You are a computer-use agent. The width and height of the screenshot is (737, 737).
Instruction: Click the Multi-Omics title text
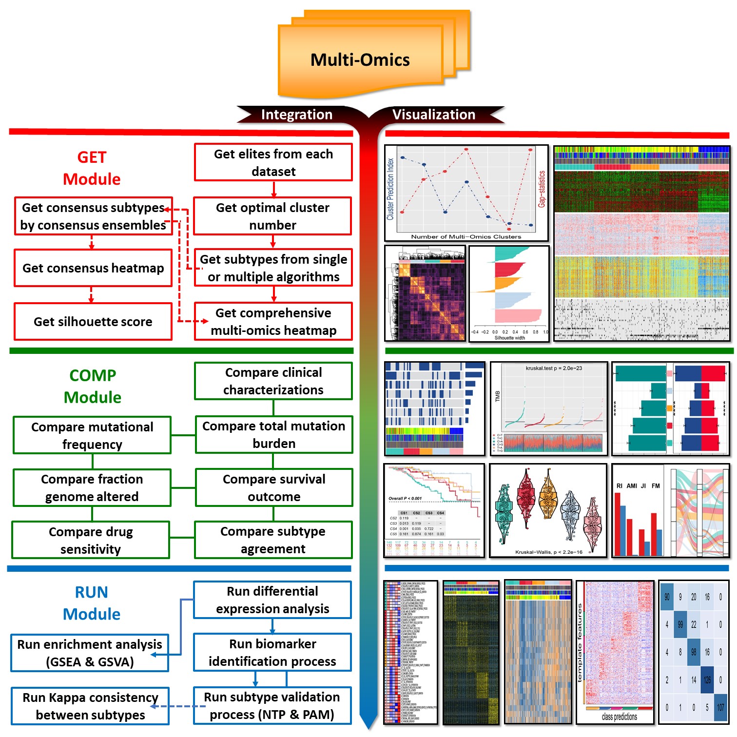click(x=360, y=60)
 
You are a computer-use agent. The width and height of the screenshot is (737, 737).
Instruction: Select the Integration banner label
click(x=296, y=115)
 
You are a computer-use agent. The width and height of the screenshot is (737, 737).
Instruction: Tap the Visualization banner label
click(x=433, y=115)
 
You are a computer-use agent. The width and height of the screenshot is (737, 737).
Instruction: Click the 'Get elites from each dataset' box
click(x=273, y=162)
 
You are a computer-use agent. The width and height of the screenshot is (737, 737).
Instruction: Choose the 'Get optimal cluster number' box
click(x=272, y=216)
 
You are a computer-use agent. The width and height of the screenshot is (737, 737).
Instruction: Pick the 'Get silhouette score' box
click(x=93, y=322)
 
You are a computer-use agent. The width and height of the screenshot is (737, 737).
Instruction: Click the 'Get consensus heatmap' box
click(x=93, y=268)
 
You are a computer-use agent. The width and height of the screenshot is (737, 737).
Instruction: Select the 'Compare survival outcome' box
click(x=273, y=487)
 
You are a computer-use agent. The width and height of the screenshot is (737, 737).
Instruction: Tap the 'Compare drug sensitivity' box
click(x=91, y=540)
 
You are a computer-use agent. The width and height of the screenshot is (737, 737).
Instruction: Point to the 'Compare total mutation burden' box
click(x=273, y=434)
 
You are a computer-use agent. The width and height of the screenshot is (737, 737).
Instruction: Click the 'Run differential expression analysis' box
click(x=272, y=600)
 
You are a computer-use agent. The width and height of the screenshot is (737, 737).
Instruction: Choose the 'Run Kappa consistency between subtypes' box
click(x=90, y=706)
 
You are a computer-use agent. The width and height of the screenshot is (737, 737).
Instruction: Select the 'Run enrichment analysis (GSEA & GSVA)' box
click(x=90, y=653)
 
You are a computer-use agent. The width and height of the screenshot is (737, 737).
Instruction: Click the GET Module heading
click(x=92, y=168)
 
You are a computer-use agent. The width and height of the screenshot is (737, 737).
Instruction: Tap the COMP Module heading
click(x=93, y=386)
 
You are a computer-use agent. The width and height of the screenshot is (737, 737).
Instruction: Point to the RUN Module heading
click(x=92, y=603)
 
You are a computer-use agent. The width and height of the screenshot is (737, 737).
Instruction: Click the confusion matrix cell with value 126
click(x=707, y=679)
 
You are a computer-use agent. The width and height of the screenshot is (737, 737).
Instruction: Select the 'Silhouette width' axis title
click(x=509, y=338)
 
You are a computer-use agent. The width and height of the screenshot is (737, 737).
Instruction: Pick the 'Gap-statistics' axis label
click(x=542, y=189)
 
